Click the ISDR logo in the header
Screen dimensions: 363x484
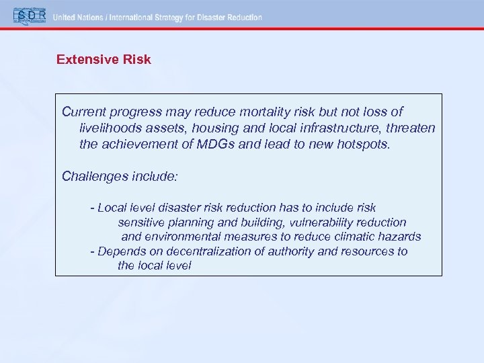29,17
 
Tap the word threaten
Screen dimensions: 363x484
412,128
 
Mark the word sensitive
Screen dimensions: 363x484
142,222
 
